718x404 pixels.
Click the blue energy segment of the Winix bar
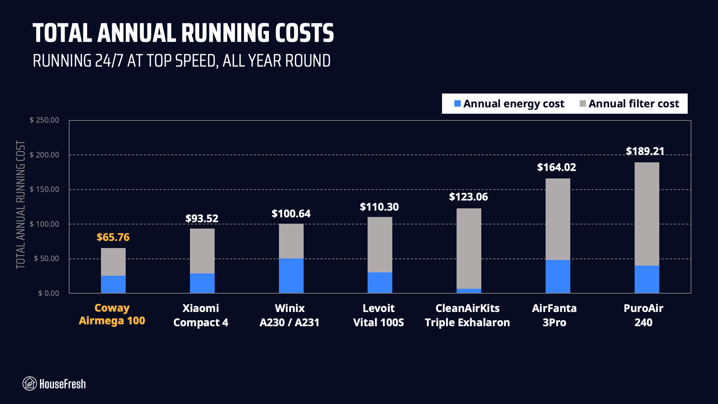pyautogui.click(x=291, y=276)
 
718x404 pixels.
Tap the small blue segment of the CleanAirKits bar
pyautogui.click(x=469, y=291)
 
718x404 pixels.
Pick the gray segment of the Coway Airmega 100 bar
pyautogui.click(x=113, y=262)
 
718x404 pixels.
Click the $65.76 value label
pyautogui.click(x=113, y=237)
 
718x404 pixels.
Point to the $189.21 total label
pyautogui.click(x=645, y=151)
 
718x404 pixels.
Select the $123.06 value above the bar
pyautogui.click(x=468, y=197)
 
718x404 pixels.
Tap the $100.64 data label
pyautogui.click(x=291, y=214)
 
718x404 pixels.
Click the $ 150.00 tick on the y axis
pyautogui.click(x=45, y=189)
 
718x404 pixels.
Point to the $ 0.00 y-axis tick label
pyautogui.click(x=49, y=293)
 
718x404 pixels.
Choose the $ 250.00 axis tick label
pyautogui.click(x=45, y=120)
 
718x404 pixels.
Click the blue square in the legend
pyautogui.click(x=457, y=104)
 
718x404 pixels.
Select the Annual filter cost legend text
pyautogui.click(x=633, y=104)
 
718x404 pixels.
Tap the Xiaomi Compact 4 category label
pyautogui.click(x=201, y=315)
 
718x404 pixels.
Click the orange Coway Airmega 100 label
pyautogui.click(x=112, y=314)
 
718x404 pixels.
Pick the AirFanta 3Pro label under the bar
pyautogui.click(x=554, y=315)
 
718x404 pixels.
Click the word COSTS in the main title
pyautogui.click(x=304, y=33)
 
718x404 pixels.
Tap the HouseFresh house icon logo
pyautogui.click(x=30, y=383)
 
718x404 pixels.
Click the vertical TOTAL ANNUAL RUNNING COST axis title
pyautogui.click(x=21, y=205)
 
